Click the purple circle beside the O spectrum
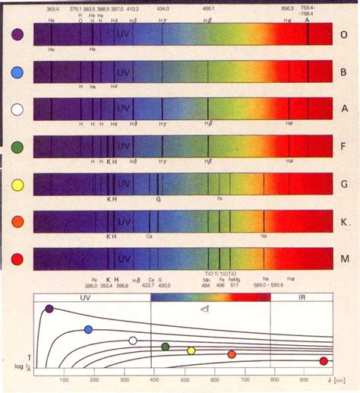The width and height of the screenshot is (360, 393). coord(18,34)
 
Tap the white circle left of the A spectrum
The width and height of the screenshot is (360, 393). coord(18,109)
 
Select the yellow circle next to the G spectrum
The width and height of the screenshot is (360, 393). coord(18,183)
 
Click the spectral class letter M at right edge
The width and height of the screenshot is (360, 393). coord(344,259)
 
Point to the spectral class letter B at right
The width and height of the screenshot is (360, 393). coord(344,73)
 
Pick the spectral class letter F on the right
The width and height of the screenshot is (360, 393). coord(344,147)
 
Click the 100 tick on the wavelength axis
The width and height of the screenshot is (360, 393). coord(63,379)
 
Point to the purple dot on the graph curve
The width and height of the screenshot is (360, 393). coord(49,309)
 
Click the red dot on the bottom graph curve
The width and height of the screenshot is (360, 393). coord(324,360)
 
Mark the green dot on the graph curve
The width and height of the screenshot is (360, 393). coord(165,347)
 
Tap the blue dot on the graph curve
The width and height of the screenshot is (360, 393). coord(88,329)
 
